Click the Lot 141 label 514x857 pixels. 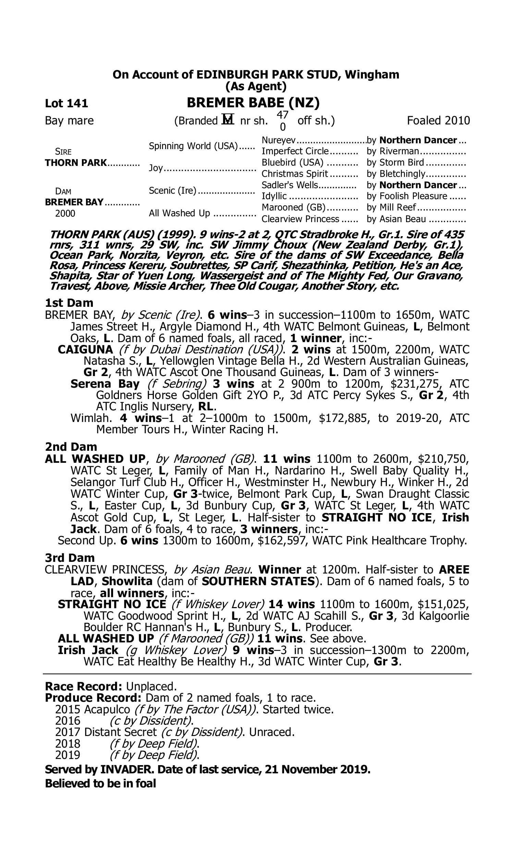[66, 103]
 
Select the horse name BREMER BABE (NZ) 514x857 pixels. [253, 102]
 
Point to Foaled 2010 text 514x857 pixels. [438, 121]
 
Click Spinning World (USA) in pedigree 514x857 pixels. [193, 146]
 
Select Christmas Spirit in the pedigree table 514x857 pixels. [294, 173]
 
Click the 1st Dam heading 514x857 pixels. [69, 303]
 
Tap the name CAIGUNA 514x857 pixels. [85, 349]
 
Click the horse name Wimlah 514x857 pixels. [91, 418]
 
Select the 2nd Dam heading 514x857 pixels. [71, 447]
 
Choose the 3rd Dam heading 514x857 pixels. [70, 558]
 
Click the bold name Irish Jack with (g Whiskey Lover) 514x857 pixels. [88, 650]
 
